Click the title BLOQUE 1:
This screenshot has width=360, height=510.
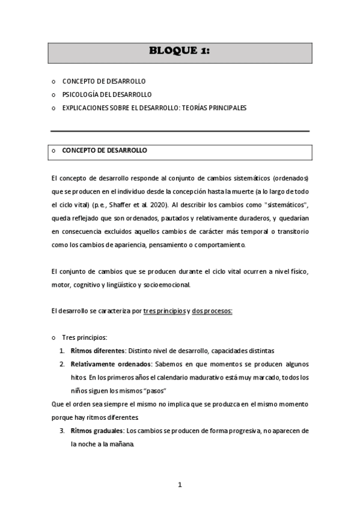(x=180, y=51)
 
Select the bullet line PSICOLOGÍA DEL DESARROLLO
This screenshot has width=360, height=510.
(x=107, y=94)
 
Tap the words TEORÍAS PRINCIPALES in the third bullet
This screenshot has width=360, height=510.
(x=212, y=108)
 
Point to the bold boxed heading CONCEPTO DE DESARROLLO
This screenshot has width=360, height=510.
(x=105, y=150)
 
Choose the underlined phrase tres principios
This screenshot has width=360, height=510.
(x=165, y=311)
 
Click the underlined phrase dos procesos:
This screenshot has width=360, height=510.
(x=212, y=311)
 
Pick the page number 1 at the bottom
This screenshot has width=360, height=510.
(x=180, y=485)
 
